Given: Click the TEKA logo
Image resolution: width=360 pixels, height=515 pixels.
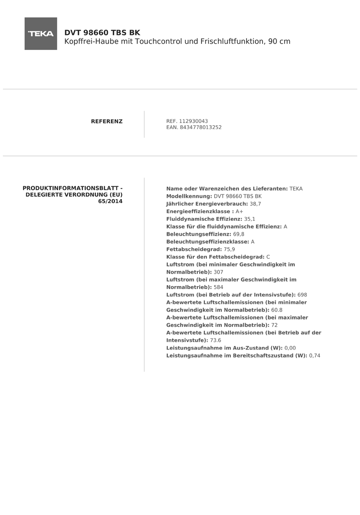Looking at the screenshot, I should (x=41, y=34).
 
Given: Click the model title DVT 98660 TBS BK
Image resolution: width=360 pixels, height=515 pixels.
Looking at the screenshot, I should (x=102, y=33).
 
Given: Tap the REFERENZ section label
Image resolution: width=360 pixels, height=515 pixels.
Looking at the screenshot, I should (x=107, y=121).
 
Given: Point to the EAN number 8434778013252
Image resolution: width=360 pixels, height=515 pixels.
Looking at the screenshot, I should (x=201, y=128).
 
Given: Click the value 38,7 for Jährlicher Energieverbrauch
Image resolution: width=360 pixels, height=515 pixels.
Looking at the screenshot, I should (x=255, y=204).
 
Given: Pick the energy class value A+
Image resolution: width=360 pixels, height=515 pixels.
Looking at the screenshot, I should (x=240, y=212).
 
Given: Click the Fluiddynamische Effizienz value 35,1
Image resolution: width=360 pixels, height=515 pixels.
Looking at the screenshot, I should (x=250, y=219).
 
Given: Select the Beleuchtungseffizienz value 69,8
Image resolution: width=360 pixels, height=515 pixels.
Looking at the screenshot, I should (x=239, y=234).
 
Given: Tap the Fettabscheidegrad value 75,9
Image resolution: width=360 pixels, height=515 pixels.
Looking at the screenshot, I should (x=229, y=250).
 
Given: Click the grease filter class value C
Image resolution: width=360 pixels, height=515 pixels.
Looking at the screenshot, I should (x=268, y=257).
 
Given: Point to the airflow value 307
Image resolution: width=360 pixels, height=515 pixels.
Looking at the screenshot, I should (x=218, y=272).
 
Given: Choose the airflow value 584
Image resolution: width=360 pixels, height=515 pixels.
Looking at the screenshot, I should (x=218, y=287).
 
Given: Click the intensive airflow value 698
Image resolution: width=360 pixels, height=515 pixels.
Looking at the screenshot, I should (x=302, y=295).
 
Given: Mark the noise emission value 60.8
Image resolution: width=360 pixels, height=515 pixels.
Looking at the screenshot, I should (x=277, y=310).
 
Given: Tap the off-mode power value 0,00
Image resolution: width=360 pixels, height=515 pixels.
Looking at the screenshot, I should (x=290, y=348).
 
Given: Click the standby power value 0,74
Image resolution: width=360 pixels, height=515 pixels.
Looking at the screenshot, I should (x=315, y=356).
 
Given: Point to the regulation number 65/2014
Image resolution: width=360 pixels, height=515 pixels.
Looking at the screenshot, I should (x=110, y=202).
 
